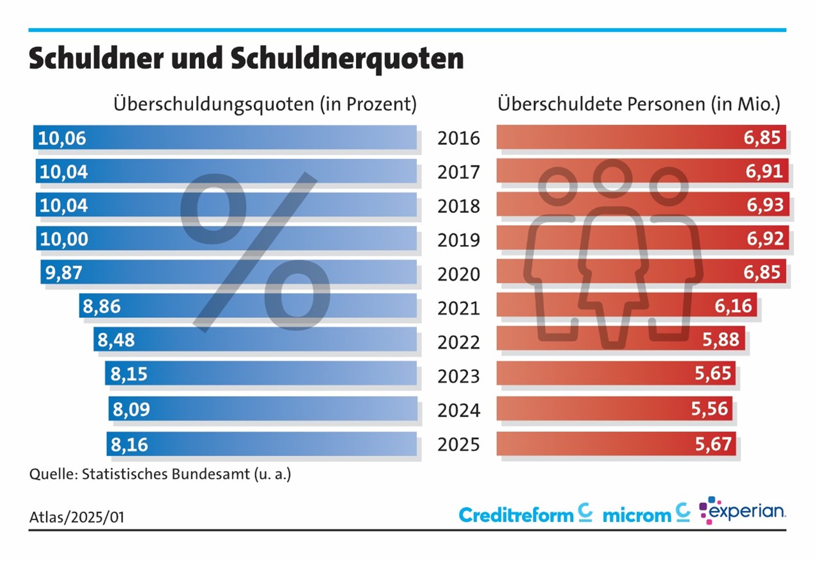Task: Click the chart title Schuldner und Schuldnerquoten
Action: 246,59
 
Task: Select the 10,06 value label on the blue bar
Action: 62,138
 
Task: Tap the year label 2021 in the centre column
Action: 458,308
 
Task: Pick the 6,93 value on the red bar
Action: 764,205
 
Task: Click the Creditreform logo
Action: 525,514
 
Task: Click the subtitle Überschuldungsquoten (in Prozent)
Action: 265,104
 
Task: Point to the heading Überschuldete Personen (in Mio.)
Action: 639,104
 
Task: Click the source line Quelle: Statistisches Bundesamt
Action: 160,475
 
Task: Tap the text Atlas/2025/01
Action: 77,517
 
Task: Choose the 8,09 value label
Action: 130,409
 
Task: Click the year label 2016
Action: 458,138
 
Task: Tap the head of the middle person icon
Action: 608,175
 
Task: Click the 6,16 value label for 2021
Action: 734,306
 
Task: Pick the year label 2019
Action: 458,240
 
